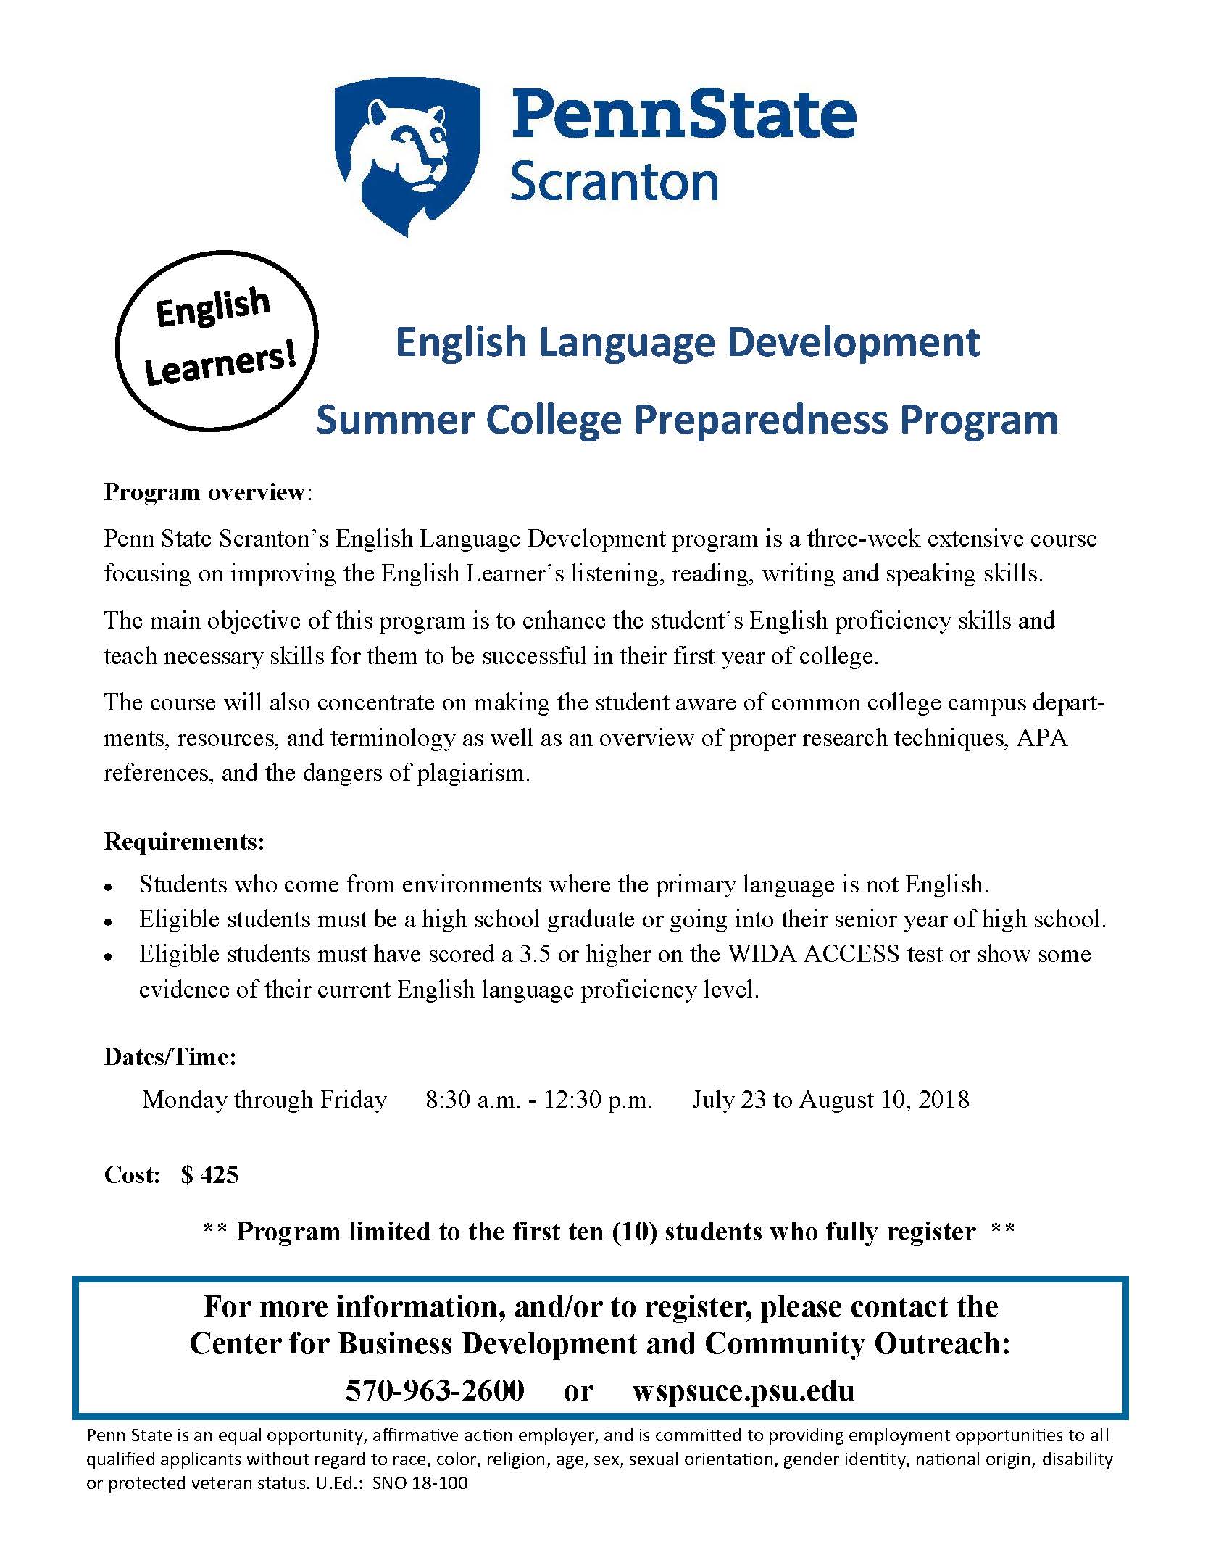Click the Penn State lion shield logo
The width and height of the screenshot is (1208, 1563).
point(407,155)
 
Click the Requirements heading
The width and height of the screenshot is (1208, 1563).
point(185,842)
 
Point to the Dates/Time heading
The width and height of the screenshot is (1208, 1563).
point(170,1057)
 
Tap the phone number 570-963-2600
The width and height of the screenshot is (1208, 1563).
point(435,1390)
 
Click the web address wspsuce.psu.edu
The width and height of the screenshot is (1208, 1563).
point(743,1390)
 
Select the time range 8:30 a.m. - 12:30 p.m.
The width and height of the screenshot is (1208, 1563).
point(539,1100)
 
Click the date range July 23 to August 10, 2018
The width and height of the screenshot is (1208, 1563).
point(830,1100)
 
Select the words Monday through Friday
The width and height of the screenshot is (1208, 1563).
point(264,1100)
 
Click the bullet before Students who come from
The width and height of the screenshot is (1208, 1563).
point(107,887)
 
